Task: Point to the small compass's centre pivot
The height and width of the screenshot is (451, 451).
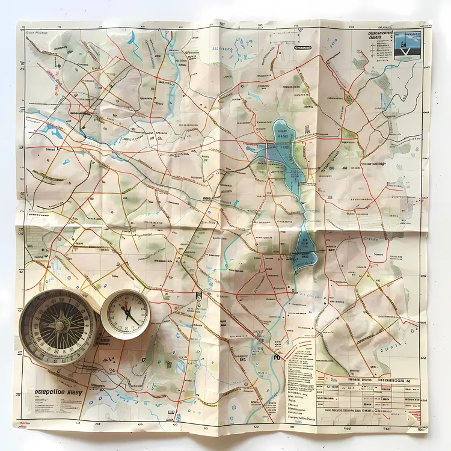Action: [126, 313]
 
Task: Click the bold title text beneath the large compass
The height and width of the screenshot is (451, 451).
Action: [58, 391]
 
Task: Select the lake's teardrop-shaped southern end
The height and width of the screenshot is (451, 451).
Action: [304, 253]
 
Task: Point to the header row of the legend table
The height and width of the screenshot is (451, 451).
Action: [367, 381]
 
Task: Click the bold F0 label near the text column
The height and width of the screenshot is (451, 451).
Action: [278, 357]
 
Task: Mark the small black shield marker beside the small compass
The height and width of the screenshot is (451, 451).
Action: [198, 295]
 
